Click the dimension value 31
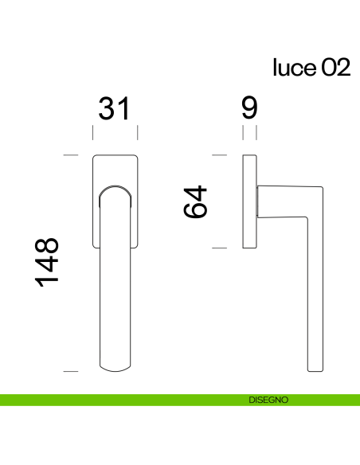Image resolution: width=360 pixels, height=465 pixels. click(114, 108)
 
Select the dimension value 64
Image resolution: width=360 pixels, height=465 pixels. click(195, 201)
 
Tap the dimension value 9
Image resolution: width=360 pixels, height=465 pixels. click(248, 108)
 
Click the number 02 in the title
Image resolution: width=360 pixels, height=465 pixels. click(335, 68)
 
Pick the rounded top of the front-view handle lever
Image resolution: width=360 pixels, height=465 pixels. click(115, 189)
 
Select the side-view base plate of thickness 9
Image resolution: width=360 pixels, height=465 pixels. click(249, 201)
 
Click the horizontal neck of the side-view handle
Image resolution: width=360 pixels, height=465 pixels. click(283, 200)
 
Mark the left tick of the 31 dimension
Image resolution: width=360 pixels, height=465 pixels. click(92, 131)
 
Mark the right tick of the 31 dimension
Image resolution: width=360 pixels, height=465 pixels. click(138, 131)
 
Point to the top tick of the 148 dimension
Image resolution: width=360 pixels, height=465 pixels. click(70, 154)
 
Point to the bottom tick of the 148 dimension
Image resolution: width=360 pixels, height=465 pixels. click(70, 371)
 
